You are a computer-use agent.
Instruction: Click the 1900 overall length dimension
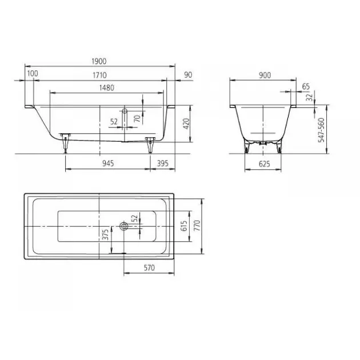[99, 61]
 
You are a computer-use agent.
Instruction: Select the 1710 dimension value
[99, 75]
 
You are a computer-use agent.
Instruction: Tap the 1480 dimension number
[107, 87]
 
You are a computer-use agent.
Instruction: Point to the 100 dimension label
[33, 74]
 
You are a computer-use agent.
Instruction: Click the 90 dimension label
[188, 75]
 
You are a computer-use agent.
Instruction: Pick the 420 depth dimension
[187, 123]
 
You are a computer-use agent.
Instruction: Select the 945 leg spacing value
[108, 163]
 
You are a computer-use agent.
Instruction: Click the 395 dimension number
[162, 163]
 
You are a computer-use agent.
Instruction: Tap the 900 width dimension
[265, 75]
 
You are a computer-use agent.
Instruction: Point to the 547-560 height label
[321, 130]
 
